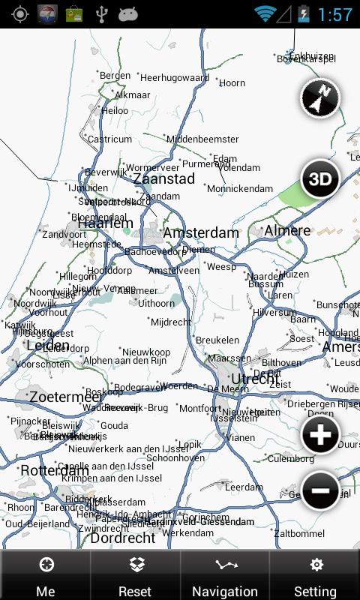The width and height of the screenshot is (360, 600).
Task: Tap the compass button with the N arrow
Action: coord(320,98)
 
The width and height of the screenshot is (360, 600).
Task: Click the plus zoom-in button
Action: coord(320,434)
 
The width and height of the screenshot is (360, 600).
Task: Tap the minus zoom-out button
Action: coord(320,490)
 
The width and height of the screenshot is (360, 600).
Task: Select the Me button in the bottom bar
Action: coord(46,576)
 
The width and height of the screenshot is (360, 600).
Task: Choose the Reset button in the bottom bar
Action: coord(135,576)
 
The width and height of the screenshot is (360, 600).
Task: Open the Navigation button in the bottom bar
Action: coord(225,576)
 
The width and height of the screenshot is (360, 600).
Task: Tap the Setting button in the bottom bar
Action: coord(315,576)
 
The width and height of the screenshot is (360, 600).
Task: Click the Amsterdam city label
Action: coord(200,233)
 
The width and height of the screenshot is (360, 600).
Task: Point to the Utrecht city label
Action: coord(255,379)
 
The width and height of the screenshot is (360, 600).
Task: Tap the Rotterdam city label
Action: coord(55,470)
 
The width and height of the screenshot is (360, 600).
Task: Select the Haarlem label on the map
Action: coord(105,223)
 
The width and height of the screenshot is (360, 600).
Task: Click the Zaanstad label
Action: coord(163,178)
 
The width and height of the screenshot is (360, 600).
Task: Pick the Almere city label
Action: coord(287,230)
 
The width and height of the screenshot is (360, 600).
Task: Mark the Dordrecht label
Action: coord(123,538)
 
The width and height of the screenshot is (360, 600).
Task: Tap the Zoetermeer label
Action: coord(66,396)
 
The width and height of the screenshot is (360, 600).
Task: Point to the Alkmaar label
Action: coord(133,95)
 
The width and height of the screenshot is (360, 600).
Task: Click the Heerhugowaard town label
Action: coord(174,77)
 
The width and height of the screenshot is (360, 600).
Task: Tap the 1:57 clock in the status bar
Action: coord(335,14)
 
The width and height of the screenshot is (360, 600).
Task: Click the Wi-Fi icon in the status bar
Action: coord(264,13)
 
